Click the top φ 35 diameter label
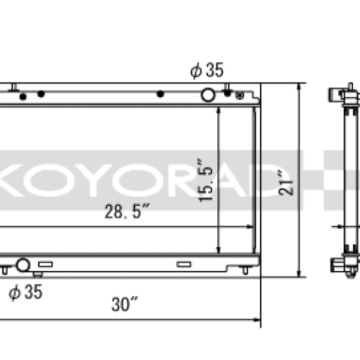click(x=207, y=71)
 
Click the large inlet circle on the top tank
click(x=208, y=95)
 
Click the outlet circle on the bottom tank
click(x=23, y=265)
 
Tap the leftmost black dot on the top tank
click(x=23, y=96)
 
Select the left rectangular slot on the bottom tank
click(x=46, y=264)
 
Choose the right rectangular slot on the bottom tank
click(x=184, y=264)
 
